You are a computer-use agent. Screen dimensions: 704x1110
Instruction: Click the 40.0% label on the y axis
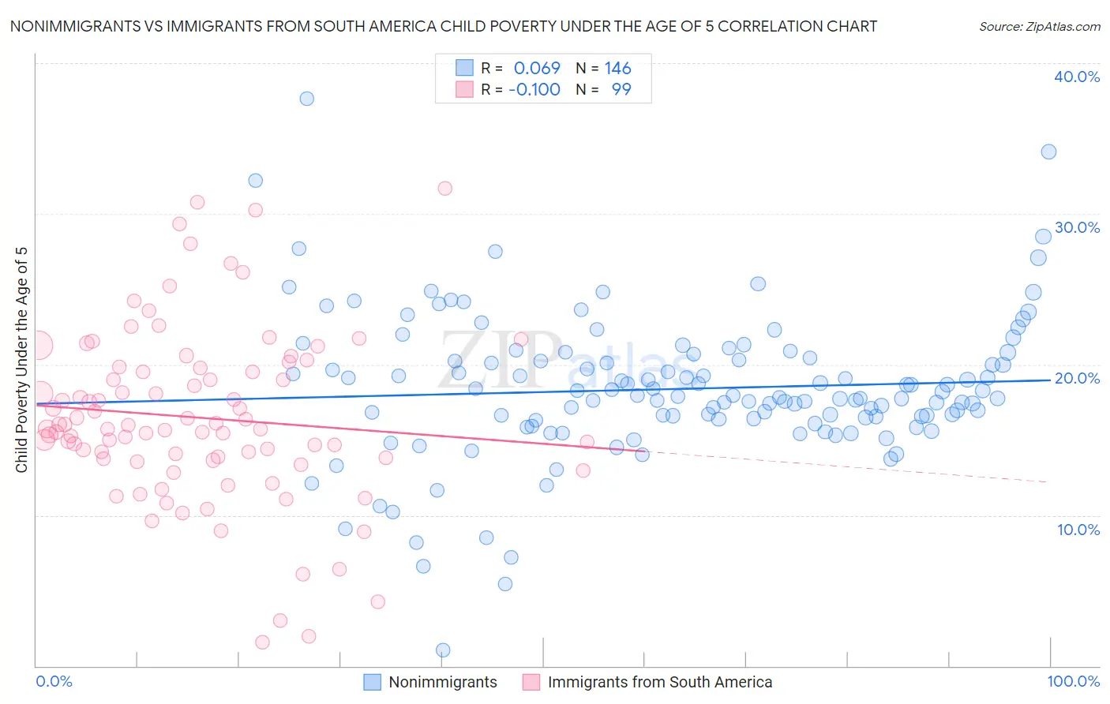pyautogui.click(x=1077, y=77)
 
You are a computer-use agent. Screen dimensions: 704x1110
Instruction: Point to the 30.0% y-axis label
pyautogui.click(x=1077, y=227)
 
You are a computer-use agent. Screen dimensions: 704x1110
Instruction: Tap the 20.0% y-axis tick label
pyautogui.click(x=1077, y=378)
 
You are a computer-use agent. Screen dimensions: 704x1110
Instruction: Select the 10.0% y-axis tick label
pyautogui.click(x=1078, y=530)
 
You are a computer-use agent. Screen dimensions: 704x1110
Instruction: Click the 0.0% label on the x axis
pyautogui.click(x=54, y=681)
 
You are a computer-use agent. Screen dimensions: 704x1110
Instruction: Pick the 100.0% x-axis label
pyautogui.click(x=1073, y=681)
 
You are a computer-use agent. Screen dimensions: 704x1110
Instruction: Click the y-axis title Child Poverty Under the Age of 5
pyautogui.click(x=21, y=359)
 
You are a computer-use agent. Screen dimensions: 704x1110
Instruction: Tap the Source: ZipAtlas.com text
pyautogui.click(x=1039, y=26)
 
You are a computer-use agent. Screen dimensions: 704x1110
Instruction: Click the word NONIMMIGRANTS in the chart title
pyautogui.click(x=64, y=26)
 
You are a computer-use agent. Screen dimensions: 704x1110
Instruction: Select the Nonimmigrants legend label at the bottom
pyautogui.click(x=443, y=682)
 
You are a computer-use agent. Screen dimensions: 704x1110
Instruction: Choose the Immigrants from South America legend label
pyautogui.click(x=660, y=682)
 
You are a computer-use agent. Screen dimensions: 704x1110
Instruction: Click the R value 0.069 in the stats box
pyautogui.click(x=537, y=68)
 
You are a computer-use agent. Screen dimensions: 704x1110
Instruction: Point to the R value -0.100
pyautogui.click(x=534, y=89)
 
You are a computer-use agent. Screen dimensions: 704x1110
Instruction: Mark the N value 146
pyautogui.click(x=618, y=68)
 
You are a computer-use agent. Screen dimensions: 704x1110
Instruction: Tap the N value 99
pyautogui.click(x=621, y=89)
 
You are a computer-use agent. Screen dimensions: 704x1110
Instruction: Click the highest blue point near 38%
pyautogui.click(x=306, y=99)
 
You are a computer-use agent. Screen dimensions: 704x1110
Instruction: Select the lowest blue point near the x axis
pyautogui.click(x=443, y=650)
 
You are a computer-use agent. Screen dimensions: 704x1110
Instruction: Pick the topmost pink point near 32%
pyautogui.click(x=444, y=188)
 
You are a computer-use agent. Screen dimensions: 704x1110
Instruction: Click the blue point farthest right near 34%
pyautogui.click(x=1048, y=152)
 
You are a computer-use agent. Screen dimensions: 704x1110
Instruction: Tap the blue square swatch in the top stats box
pyautogui.click(x=464, y=68)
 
